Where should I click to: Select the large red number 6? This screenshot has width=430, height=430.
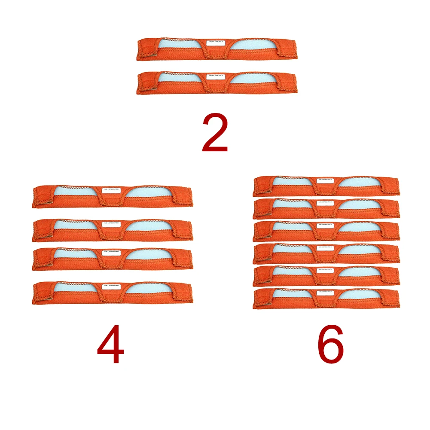pyautogui.click(x=331, y=344)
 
